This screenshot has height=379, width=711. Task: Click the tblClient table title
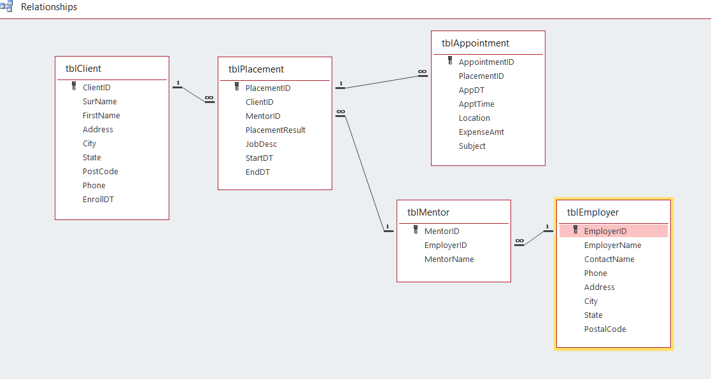click(83, 69)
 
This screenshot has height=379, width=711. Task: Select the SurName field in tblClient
click(99, 102)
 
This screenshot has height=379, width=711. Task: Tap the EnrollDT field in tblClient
click(98, 200)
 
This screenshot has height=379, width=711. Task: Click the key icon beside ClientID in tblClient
click(74, 87)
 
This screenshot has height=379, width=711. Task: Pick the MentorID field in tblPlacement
click(263, 116)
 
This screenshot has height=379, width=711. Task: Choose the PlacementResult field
click(276, 130)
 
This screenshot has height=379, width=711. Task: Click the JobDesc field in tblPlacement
click(261, 144)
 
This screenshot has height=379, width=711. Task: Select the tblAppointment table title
click(475, 43)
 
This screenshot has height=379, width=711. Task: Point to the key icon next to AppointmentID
click(450, 62)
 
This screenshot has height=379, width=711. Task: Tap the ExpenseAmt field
click(481, 132)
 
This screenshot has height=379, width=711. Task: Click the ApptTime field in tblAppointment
click(476, 104)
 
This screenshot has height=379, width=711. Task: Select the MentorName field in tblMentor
click(449, 259)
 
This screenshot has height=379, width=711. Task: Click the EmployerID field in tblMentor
click(446, 245)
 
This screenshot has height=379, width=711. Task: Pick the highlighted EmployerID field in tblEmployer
click(605, 231)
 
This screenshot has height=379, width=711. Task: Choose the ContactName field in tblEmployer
click(609, 259)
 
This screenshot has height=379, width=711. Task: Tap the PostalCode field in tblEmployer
click(605, 329)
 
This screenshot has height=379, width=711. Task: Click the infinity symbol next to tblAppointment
click(423, 72)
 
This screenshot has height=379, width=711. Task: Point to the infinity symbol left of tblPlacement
click(209, 98)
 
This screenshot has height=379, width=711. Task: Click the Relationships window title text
click(49, 7)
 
